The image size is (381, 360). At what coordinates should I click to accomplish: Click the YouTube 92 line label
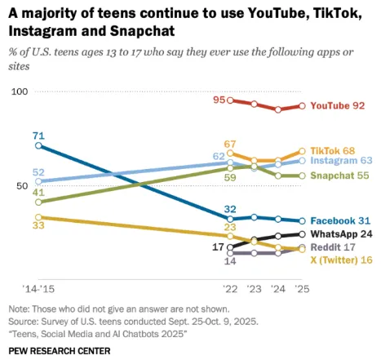pyautogui.click(x=337, y=105)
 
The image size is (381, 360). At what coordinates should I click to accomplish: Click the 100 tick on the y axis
pyautogui.click(x=18, y=91)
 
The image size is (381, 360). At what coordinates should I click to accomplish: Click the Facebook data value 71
pyautogui.click(x=38, y=135)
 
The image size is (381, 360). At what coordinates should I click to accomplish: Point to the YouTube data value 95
pyautogui.click(x=219, y=100)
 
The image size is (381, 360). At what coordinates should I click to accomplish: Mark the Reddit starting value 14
pyautogui.click(x=230, y=261)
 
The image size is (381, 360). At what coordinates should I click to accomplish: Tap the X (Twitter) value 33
pyautogui.click(x=38, y=225)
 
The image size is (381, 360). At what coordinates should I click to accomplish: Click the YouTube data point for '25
pyautogui.click(x=302, y=105)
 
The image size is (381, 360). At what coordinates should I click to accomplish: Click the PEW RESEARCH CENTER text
pyautogui.click(x=60, y=349)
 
